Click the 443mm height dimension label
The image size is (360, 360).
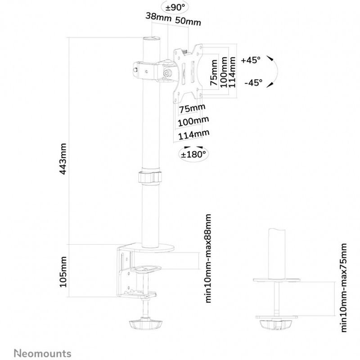tap(63, 159)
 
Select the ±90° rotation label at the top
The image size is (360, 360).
tap(175, 8)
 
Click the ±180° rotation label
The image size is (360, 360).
tap(193, 154)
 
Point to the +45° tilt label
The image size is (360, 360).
tap(251, 60)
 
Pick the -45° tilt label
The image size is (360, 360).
tap(253, 82)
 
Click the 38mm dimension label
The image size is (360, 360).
tap(158, 17)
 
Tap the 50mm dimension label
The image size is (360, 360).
tap(188, 21)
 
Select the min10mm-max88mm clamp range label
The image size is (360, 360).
tap(208, 258)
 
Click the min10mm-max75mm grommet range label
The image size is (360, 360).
tap(343, 288)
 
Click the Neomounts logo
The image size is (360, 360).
tap(43, 353)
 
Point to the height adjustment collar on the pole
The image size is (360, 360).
tap(150, 176)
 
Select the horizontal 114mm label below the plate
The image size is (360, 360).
tap(194, 135)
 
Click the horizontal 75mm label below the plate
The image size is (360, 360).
tap(192, 108)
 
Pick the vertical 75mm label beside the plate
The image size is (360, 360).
tap(214, 72)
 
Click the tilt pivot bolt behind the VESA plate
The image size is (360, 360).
tap(167, 73)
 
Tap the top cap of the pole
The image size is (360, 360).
tap(151, 39)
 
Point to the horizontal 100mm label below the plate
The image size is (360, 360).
tap(193, 121)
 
